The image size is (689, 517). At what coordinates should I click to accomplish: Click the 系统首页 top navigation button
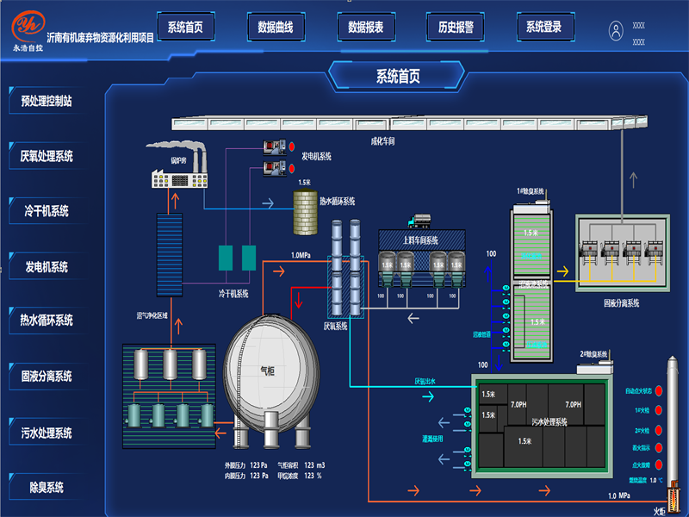[185, 28]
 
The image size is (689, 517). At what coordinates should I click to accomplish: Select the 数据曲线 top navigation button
[275, 28]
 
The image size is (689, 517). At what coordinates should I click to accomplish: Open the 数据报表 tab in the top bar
[364, 28]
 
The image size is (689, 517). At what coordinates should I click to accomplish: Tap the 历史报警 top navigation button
[455, 28]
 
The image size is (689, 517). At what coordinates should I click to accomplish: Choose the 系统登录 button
[544, 28]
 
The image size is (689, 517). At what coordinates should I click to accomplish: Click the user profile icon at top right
[616, 31]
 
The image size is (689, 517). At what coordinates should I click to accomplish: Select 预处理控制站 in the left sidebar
[47, 101]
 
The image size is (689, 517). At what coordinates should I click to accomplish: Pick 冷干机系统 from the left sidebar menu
[47, 211]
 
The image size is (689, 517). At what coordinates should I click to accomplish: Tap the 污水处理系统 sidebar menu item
[47, 433]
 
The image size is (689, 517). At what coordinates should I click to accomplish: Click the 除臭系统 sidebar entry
[47, 488]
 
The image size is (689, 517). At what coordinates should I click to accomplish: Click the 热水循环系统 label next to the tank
[337, 202]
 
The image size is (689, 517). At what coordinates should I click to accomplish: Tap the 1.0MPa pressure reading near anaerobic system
[301, 255]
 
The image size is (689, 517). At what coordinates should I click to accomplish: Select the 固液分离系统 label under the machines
[621, 303]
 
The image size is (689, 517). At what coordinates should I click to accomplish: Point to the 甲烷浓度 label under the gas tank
[289, 475]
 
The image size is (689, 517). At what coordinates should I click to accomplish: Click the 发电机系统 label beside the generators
[316, 157]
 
